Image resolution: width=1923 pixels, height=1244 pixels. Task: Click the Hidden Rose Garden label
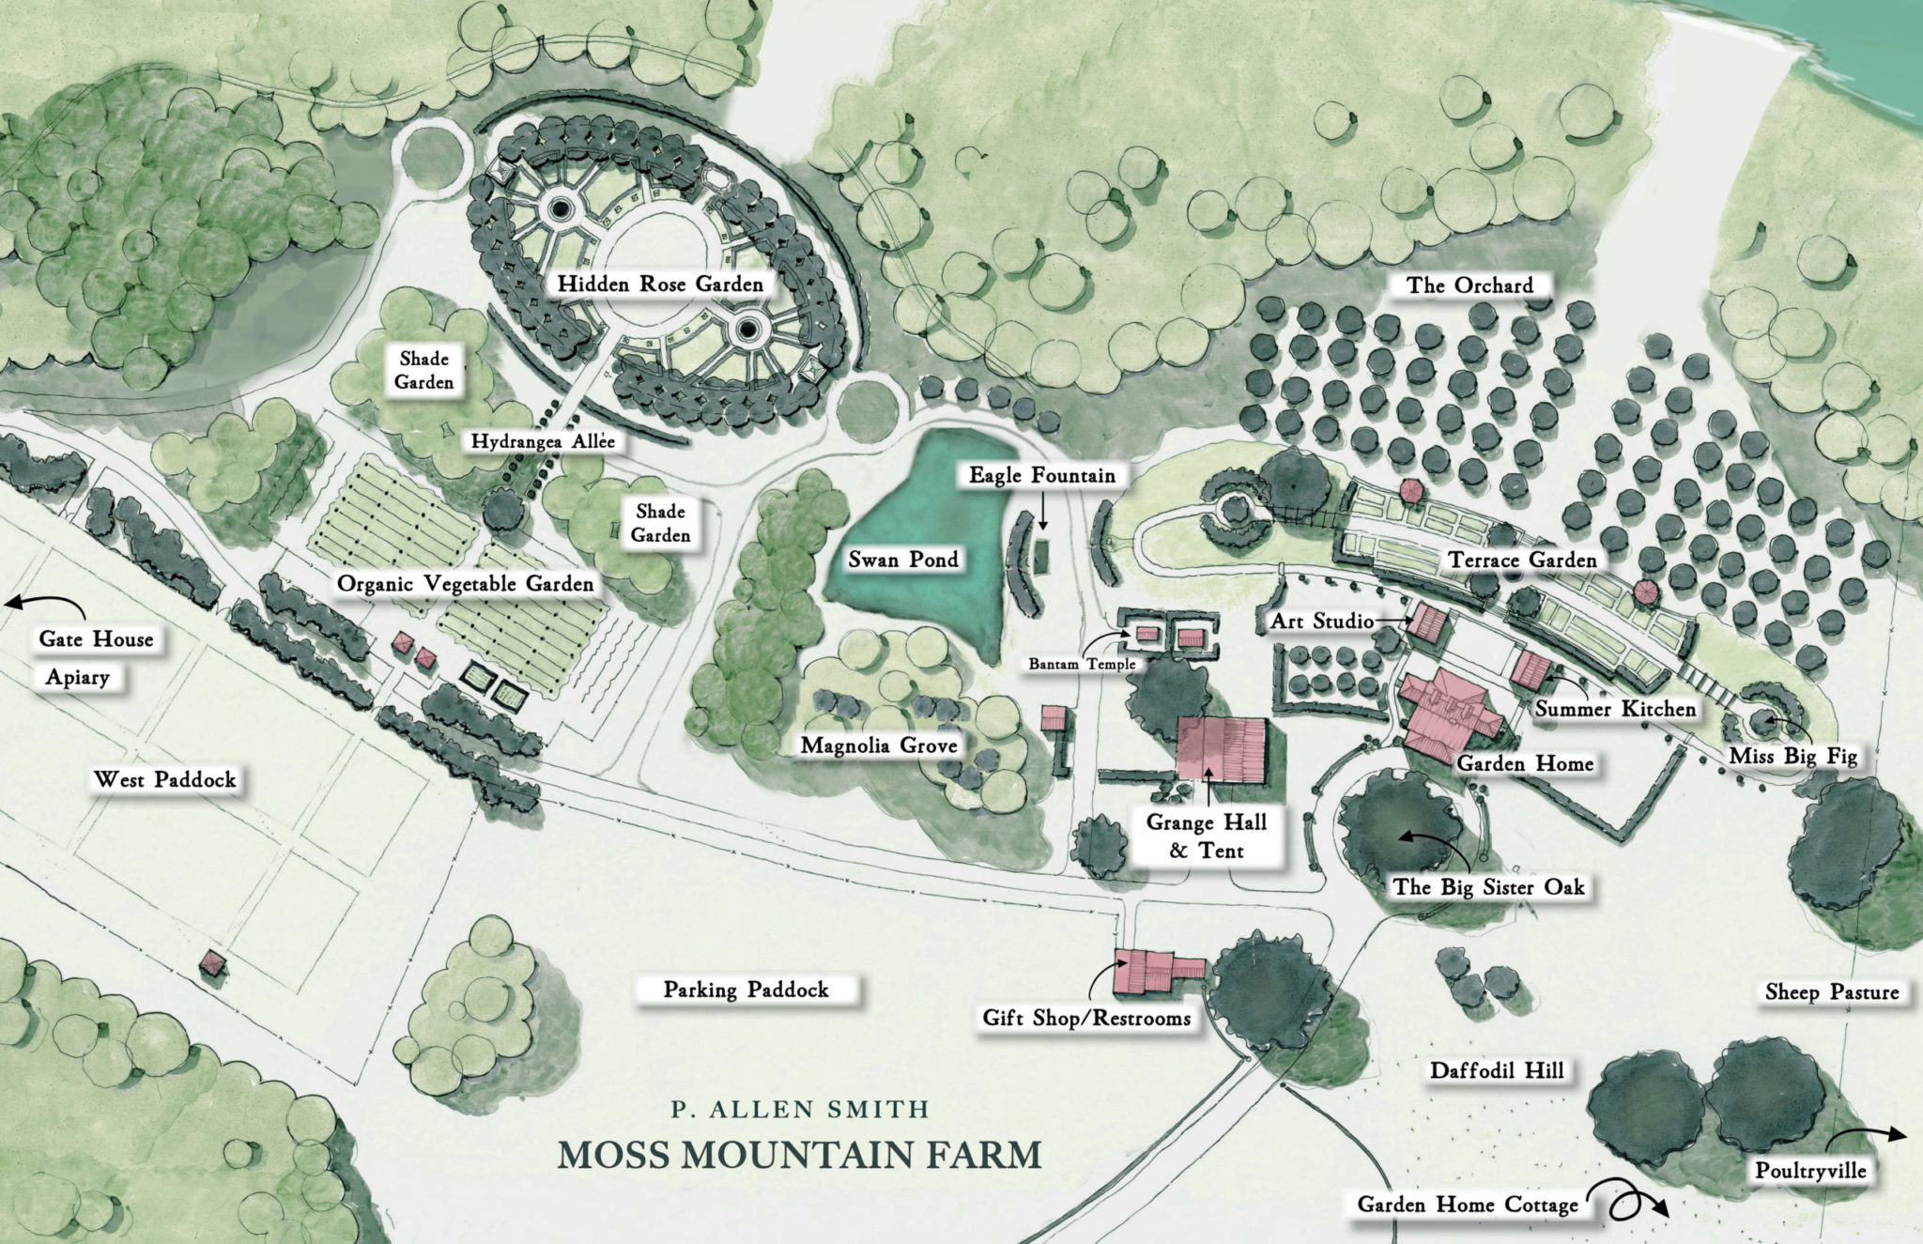659,284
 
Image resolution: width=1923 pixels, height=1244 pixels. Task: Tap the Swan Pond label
903,560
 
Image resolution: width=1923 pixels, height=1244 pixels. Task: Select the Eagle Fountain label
1041,475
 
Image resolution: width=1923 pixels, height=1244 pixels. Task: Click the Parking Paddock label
746,990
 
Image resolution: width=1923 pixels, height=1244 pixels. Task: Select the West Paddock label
165,779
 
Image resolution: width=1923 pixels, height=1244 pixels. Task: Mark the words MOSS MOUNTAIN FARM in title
800,1154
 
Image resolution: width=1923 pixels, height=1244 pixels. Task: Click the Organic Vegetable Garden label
465,584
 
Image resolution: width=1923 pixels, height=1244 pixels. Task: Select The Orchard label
1469,285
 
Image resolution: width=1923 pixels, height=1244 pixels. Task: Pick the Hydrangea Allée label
543,441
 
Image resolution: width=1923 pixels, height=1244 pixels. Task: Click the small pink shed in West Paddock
213,964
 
